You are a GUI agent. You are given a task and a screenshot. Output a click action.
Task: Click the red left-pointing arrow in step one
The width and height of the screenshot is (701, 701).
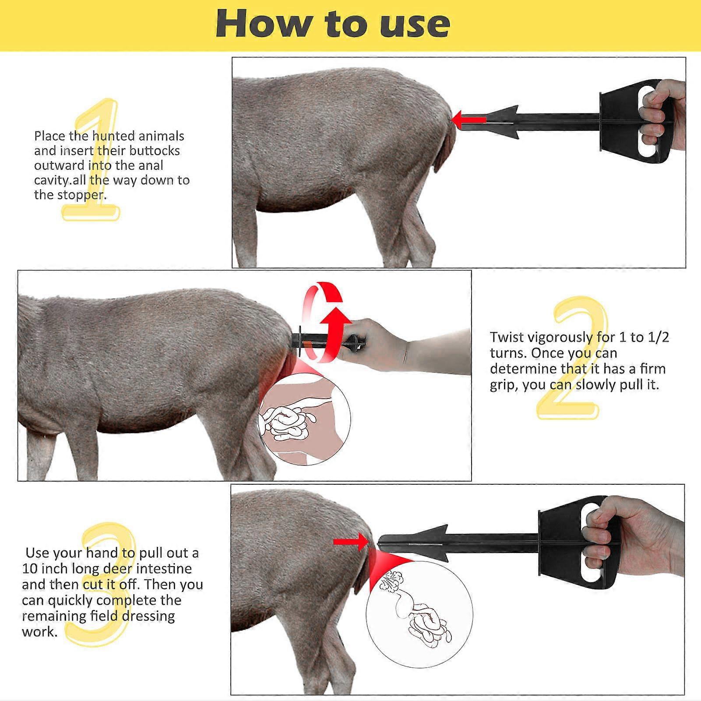point(469,119)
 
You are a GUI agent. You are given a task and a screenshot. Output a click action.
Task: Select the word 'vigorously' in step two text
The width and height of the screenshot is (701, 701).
point(560,338)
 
